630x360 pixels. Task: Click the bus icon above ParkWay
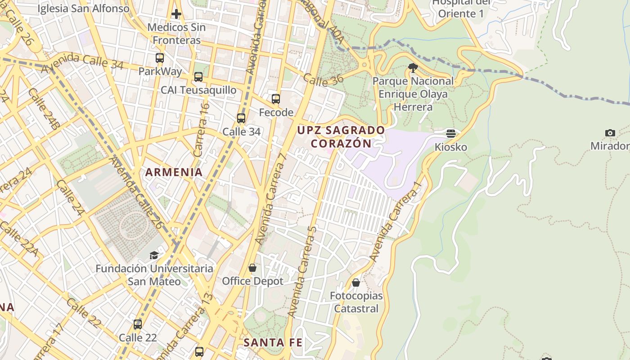pos(160,58)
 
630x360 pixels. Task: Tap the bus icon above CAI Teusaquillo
pos(198,77)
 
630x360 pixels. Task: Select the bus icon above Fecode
pos(276,99)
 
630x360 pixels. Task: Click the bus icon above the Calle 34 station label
pos(241,118)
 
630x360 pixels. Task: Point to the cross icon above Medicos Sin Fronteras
pos(176,14)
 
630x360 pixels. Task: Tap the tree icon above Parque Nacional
pos(413,68)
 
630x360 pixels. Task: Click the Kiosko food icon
pos(451,134)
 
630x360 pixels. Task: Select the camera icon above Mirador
pos(610,133)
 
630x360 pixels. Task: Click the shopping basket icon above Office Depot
pos(252,268)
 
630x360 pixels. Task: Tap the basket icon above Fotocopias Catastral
pos(356,283)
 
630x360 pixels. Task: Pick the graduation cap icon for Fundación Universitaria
pos(154,255)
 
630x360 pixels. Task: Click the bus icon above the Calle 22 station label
pos(138,324)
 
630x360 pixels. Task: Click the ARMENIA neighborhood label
pos(174,172)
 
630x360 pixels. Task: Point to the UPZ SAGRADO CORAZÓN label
pos(342,137)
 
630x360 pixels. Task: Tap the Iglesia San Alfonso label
pos(83,9)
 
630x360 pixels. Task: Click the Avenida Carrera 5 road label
pos(302,271)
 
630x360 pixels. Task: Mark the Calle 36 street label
pos(323,79)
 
